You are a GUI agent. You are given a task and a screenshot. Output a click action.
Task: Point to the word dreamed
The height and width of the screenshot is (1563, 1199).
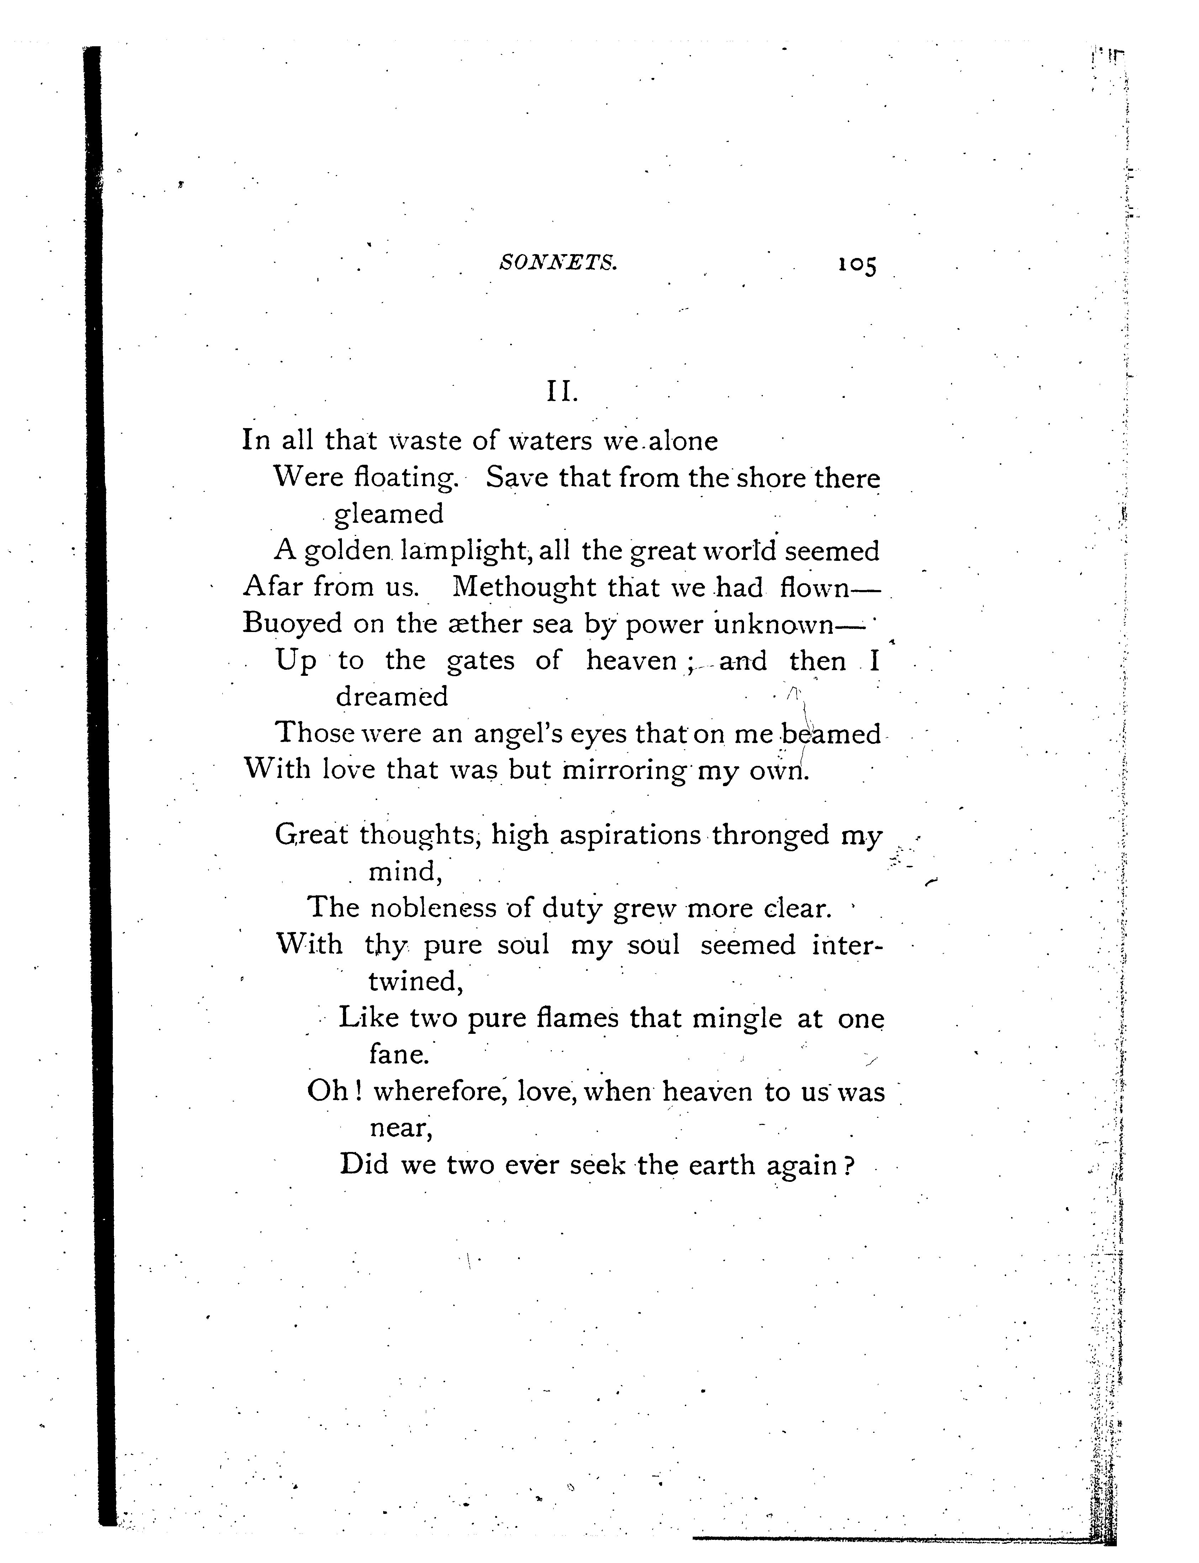[x=392, y=696]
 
